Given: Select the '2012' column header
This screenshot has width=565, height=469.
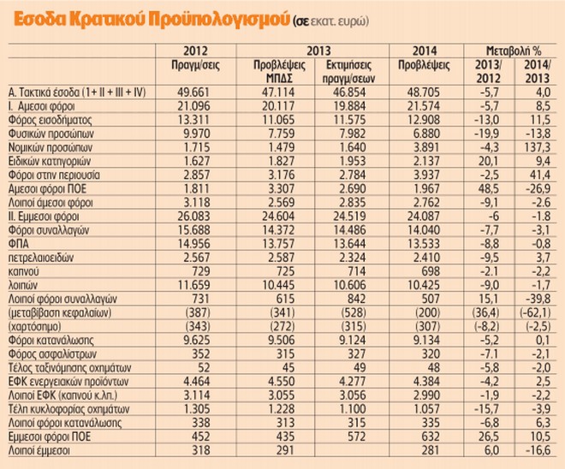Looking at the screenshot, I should pos(198,50).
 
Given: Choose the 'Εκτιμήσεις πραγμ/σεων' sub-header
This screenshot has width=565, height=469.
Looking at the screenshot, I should pos(351,69).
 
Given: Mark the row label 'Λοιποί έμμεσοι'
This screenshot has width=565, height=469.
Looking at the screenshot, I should pos(39,451).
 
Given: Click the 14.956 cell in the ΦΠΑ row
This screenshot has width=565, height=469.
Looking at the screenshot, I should pos(198,244).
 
